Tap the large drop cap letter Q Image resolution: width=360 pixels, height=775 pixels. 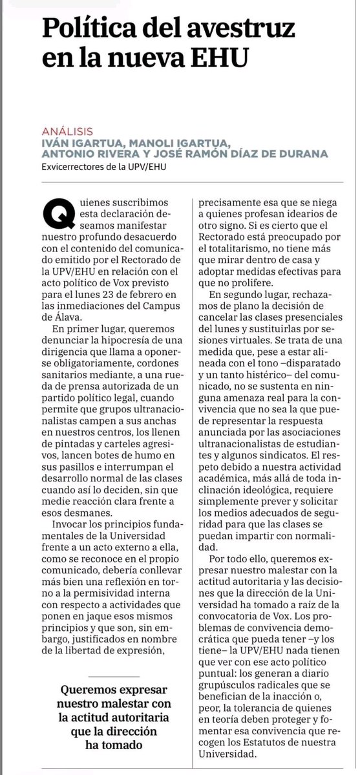(54, 211)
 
